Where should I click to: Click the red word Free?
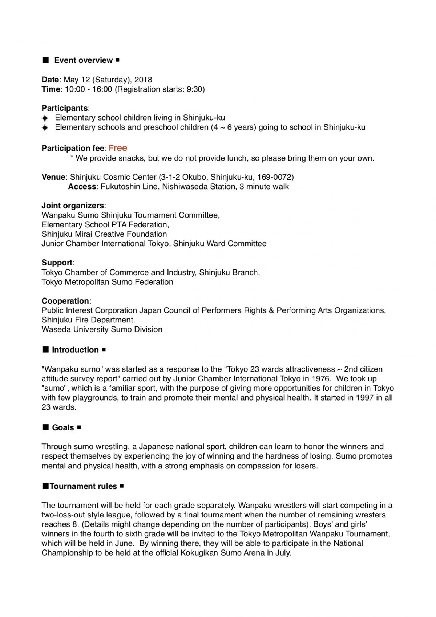click(x=118, y=148)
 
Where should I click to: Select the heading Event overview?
click(x=83, y=60)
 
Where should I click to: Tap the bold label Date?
click(x=50, y=80)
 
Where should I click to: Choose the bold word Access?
click(x=82, y=187)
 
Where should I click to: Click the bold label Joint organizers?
click(x=73, y=206)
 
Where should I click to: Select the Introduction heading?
click(x=75, y=350)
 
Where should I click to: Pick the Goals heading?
click(x=63, y=427)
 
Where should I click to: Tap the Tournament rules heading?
click(x=83, y=486)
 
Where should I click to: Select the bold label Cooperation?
click(x=65, y=301)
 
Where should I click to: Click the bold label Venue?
click(x=53, y=177)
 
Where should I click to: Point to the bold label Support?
click(x=57, y=263)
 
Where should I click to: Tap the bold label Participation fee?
click(x=73, y=148)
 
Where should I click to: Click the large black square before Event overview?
click(x=46, y=60)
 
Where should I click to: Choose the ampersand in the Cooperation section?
click(x=271, y=310)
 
